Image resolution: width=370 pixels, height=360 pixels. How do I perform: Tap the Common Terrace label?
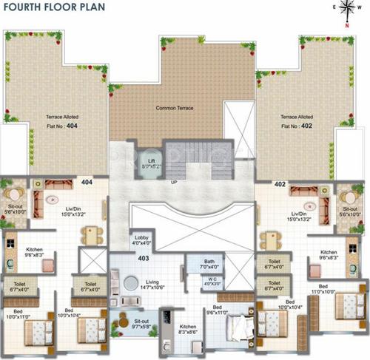click(175, 109)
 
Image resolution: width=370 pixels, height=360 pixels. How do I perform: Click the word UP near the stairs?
click(174, 182)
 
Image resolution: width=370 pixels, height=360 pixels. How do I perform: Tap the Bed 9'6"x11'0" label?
click(218, 311)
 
